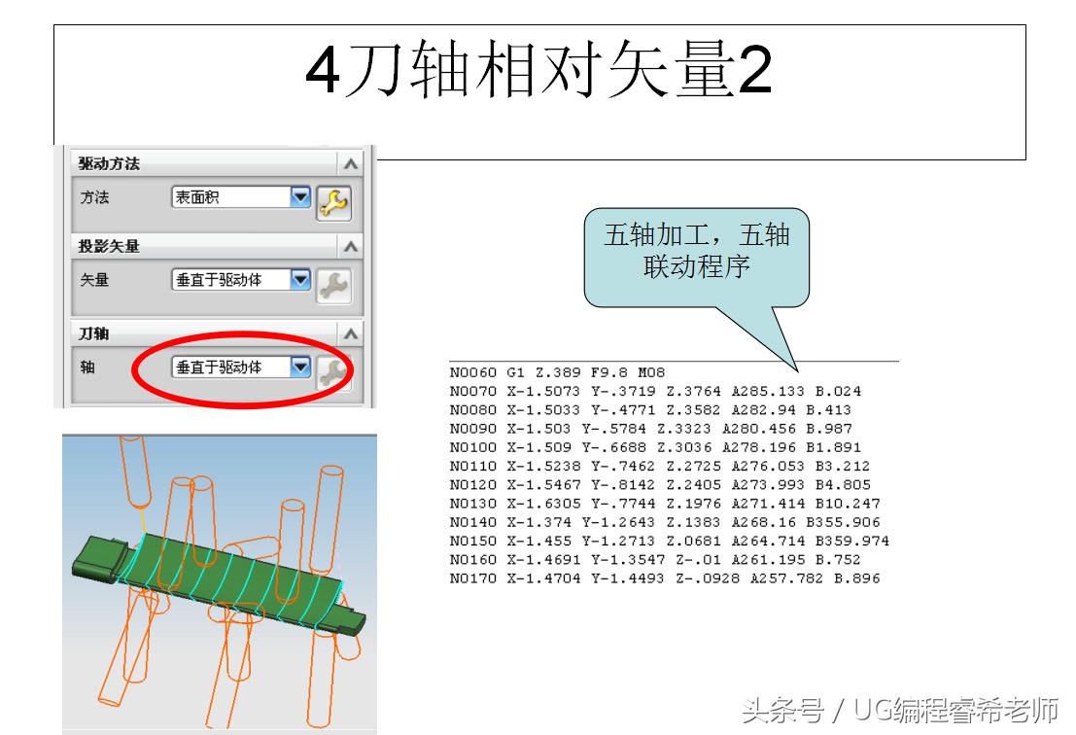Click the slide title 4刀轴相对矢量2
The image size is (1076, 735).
click(x=538, y=70)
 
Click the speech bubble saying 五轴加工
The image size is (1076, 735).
click(x=696, y=251)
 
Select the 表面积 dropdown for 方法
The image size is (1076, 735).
click(x=239, y=197)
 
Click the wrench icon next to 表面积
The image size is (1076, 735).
click(x=333, y=202)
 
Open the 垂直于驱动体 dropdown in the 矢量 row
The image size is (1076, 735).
click(x=239, y=280)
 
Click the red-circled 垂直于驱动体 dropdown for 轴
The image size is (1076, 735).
click(x=239, y=367)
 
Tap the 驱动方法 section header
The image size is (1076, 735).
click(x=109, y=163)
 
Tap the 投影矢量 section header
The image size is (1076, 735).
click(x=109, y=246)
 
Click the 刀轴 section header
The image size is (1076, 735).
click(x=94, y=333)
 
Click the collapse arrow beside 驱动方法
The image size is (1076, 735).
click(x=351, y=164)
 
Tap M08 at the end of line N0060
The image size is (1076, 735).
click(x=651, y=372)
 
